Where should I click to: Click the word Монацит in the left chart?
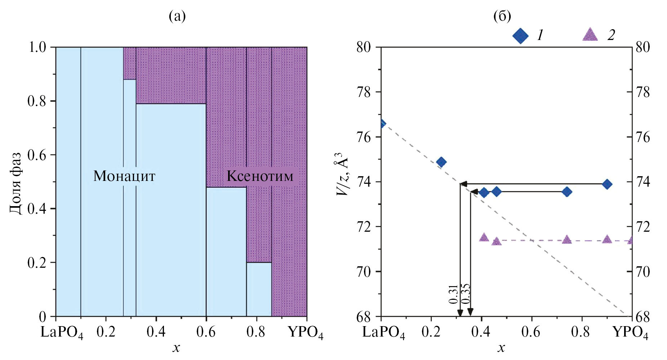click(124, 176)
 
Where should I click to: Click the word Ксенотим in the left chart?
click(260, 176)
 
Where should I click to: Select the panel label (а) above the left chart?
click(177, 16)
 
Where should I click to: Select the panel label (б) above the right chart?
click(502, 16)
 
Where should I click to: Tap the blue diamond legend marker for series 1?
click(520, 36)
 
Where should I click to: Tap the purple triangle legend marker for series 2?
click(590, 35)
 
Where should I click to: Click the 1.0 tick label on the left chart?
click(37, 47)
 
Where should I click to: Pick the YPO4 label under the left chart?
click(306, 332)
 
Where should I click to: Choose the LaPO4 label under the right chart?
click(383, 332)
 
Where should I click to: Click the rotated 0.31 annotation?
click(454, 294)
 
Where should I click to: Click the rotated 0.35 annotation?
click(466, 294)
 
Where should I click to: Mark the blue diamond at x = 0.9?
click(607, 184)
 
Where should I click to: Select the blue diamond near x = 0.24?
click(441, 162)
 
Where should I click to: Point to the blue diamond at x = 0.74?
click(567, 192)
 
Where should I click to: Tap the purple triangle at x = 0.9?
click(607, 239)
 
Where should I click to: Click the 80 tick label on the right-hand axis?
click(642, 47)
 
